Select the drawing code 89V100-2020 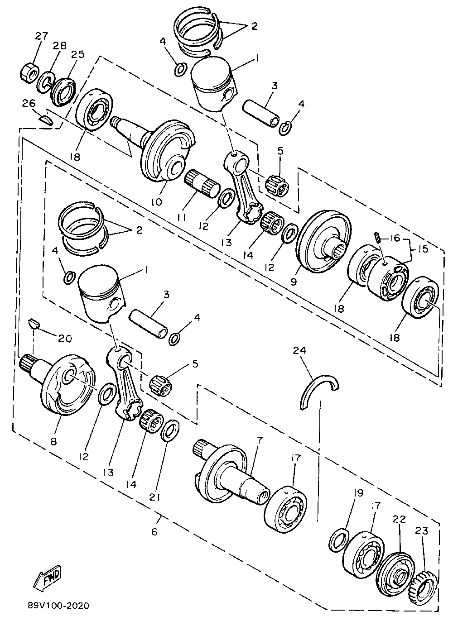tap(58, 605)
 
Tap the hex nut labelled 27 tap(29, 72)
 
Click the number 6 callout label tap(154, 531)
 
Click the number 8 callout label tap(53, 441)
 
